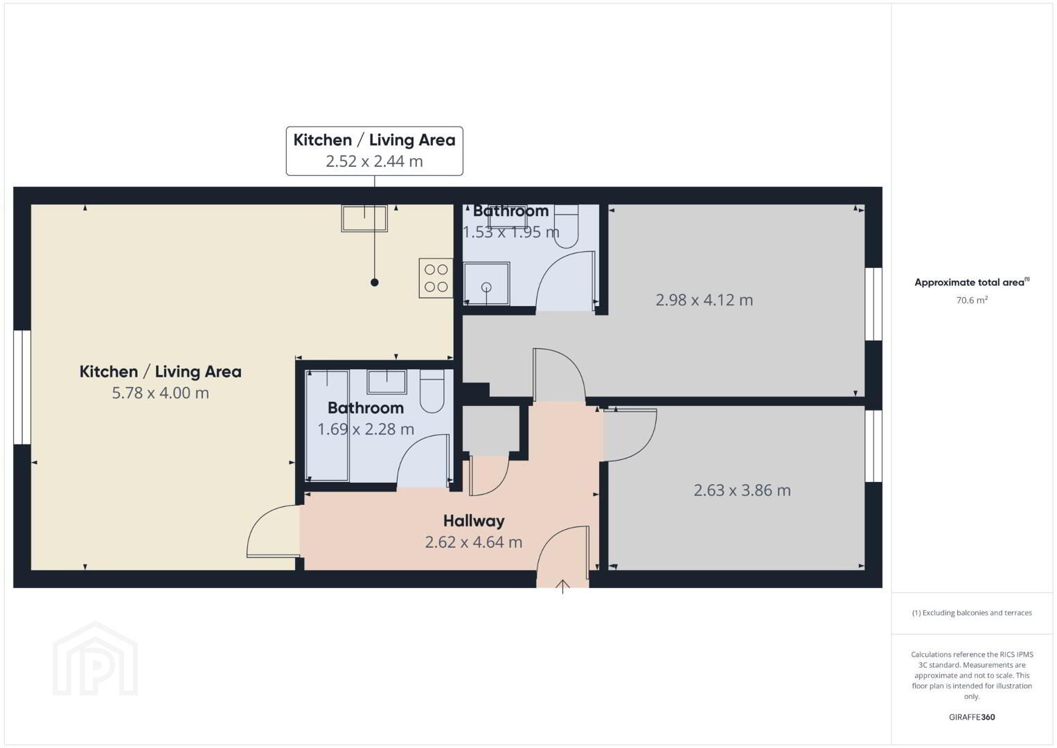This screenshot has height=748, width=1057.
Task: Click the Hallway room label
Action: (474, 521)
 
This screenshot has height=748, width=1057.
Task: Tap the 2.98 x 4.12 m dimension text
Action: (704, 300)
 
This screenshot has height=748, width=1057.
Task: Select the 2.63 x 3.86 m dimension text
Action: (742, 490)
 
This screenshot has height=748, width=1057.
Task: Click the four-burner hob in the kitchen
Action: (436, 278)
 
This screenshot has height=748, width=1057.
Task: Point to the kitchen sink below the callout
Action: (364, 218)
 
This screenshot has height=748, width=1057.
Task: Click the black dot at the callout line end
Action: (374, 282)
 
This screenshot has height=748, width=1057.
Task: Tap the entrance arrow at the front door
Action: (562, 586)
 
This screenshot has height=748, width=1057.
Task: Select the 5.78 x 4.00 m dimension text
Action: (160, 393)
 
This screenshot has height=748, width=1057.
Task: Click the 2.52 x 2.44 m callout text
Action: (374, 161)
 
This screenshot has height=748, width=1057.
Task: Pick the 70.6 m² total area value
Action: (972, 300)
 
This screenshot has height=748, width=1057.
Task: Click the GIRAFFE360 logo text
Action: (972, 717)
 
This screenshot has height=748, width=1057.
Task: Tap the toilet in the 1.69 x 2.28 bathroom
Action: (432, 391)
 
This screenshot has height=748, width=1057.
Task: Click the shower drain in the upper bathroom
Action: (486, 287)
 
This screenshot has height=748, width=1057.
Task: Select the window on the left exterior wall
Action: (22, 387)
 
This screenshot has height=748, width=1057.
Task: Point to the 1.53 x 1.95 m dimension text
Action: (510, 232)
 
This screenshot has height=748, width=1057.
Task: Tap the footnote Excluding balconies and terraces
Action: (972, 612)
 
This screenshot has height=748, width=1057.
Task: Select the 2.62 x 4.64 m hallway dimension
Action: (473, 542)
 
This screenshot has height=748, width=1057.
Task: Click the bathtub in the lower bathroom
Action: (327, 426)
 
